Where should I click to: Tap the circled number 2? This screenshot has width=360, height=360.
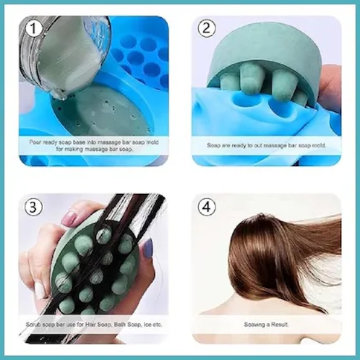coord(208,28)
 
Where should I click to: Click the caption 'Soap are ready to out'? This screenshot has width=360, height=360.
coord(267,144)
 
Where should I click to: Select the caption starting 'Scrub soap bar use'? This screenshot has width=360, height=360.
coord(93,325)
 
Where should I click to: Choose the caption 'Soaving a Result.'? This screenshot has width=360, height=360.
coord(267,325)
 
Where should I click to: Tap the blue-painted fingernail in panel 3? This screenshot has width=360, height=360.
coord(148,248)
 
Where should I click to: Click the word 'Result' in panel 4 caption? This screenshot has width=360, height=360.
coord(279,325)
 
